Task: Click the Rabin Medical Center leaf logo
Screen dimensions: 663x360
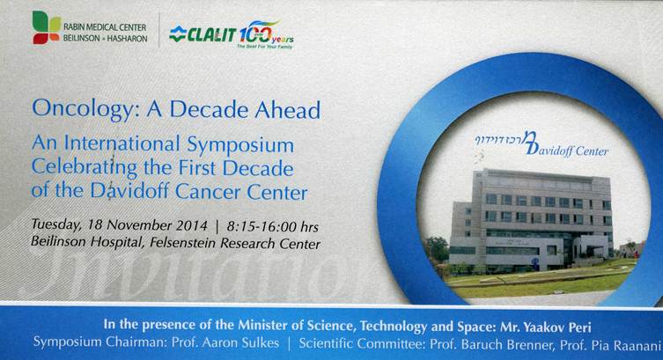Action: (47, 27)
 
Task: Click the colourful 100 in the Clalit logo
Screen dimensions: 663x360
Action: (255, 32)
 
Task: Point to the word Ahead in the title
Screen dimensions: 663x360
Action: (287, 109)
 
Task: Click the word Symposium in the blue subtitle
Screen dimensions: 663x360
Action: (240, 146)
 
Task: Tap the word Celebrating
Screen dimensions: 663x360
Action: (85, 169)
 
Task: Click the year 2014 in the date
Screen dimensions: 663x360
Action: (192, 225)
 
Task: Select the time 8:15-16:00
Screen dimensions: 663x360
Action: (262, 226)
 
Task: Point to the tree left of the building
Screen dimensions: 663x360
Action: (437, 249)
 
